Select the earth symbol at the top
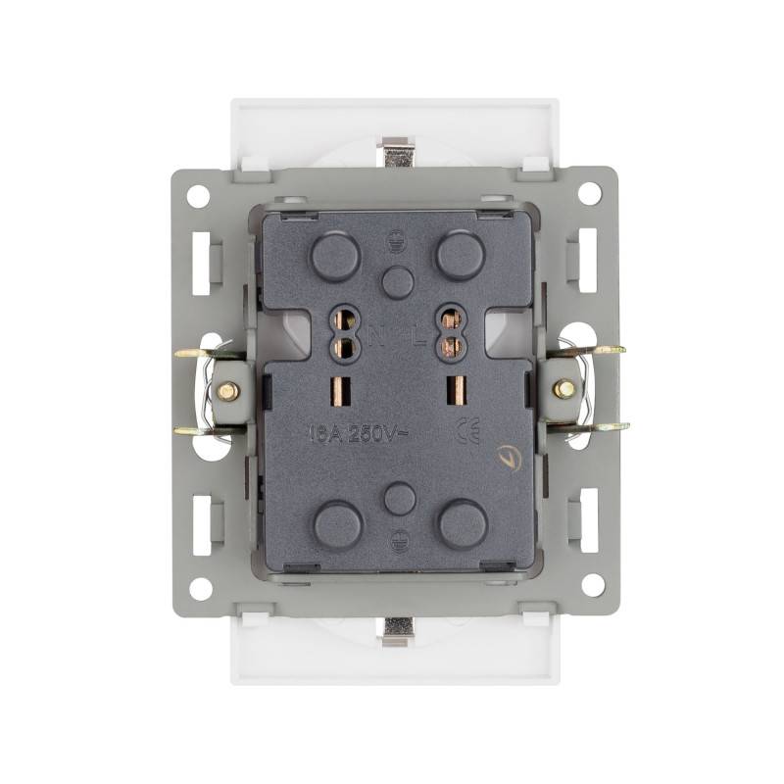(x=398, y=235)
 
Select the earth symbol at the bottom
(x=399, y=537)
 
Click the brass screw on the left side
(x=227, y=391)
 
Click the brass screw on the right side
(x=563, y=389)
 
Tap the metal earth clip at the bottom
(x=398, y=631)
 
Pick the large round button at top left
(x=335, y=257)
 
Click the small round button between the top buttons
(x=398, y=282)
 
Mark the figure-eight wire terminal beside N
(x=344, y=332)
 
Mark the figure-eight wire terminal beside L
(x=451, y=332)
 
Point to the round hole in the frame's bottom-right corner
(x=592, y=586)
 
